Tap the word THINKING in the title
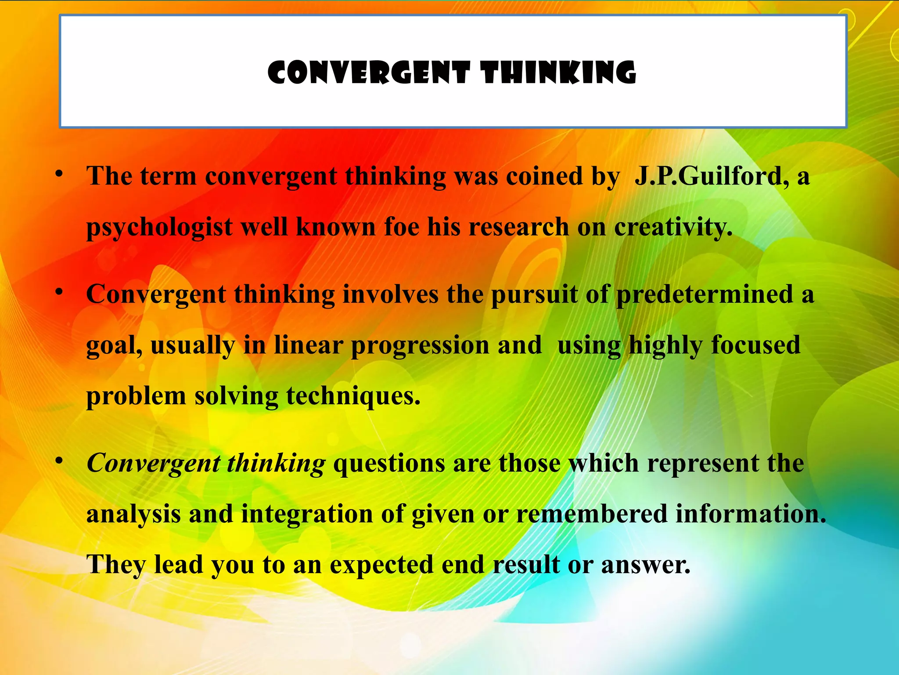click(x=558, y=73)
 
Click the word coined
click(x=545, y=177)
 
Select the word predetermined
click(x=705, y=294)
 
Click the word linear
click(x=308, y=345)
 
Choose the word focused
click(x=756, y=345)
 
